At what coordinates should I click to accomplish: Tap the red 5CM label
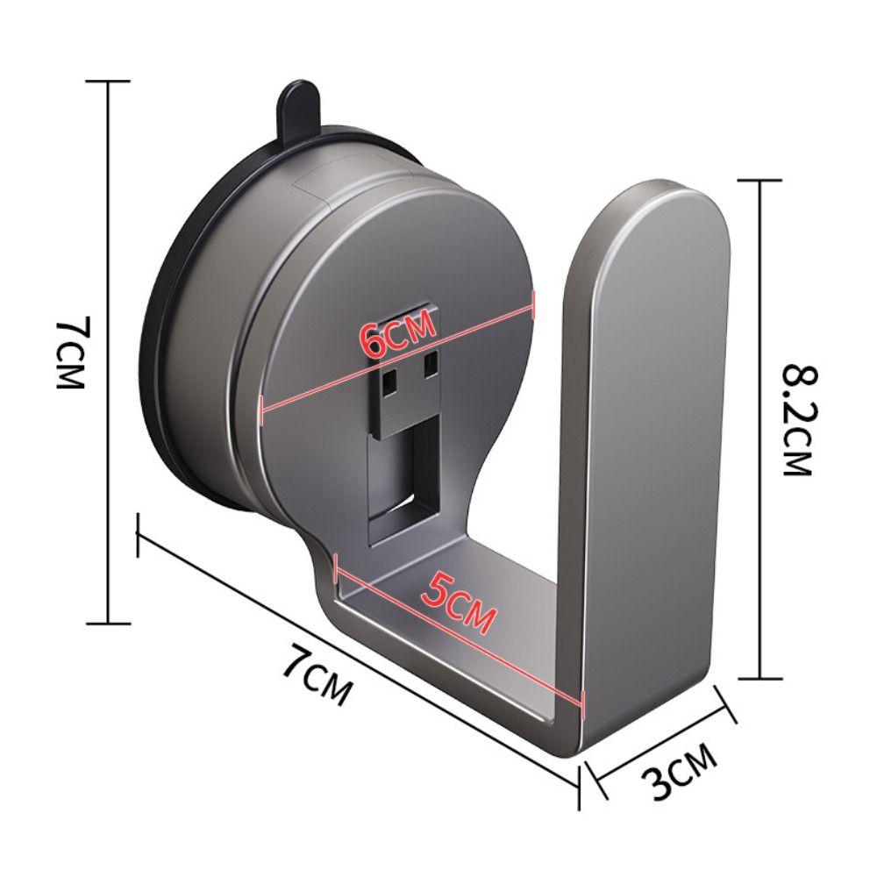pos(456,606)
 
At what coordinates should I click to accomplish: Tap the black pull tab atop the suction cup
pos(297,110)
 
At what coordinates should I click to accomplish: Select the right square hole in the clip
pos(430,362)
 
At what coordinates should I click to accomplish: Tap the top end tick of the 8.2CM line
pos(759,179)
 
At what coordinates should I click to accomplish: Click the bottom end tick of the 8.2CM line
pos(759,678)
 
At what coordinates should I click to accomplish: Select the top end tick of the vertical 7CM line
pos(107,81)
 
